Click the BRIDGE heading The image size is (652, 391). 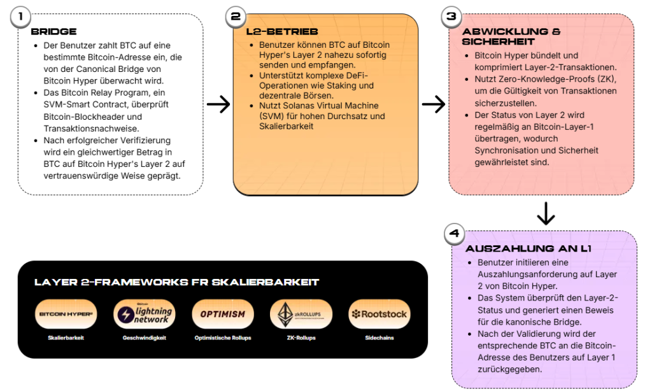point(53,31)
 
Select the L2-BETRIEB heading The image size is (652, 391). point(282,31)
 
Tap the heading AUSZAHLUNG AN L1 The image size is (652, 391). point(528,248)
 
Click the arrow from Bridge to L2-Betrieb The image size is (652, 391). point(218,104)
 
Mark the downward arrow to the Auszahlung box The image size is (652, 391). point(546,213)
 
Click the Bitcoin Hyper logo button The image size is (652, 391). point(66,314)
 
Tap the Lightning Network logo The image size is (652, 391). point(145,314)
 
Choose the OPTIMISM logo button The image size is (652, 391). point(223,314)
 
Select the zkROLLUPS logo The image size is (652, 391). point(301,314)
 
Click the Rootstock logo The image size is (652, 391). point(379,314)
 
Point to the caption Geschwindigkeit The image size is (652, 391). point(145,338)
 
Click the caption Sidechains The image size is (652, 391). point(379,338)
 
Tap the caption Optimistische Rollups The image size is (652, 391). point(223,338)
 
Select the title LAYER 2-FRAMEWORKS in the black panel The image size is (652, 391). point(177,282)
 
